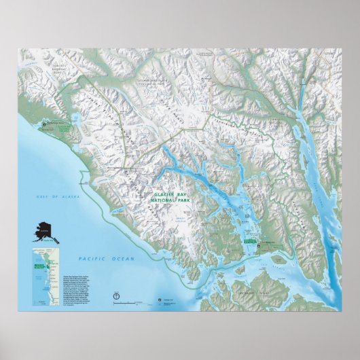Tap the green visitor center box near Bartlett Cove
click(x=251, y=241)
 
